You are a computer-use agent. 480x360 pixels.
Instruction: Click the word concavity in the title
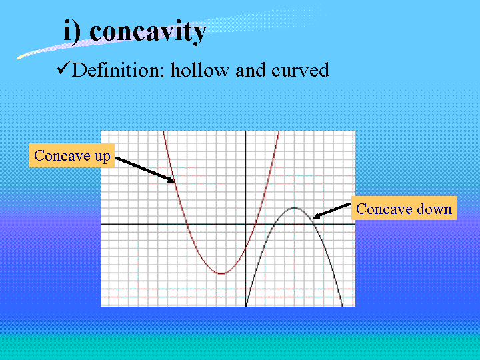(148, 32)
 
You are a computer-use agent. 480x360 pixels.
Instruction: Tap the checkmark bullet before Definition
(64, 67)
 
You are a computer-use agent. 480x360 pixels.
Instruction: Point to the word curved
(300, 70)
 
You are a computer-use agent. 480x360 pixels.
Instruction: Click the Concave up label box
(72, 155)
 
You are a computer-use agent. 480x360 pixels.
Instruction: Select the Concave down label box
(404, 208)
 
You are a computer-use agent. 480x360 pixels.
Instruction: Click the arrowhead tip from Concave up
(174, 183)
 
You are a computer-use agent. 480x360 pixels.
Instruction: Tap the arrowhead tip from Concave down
(312, 219)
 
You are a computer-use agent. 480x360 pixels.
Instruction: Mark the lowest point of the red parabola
(221, 273)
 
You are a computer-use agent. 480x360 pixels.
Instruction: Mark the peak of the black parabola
(294, 208)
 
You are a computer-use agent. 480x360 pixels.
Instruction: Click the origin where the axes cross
(246, 225)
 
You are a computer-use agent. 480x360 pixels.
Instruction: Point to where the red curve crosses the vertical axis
(246, 249)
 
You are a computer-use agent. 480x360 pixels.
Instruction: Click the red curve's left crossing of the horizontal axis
(188, 225)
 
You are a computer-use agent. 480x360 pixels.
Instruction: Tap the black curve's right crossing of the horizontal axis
(313, 225)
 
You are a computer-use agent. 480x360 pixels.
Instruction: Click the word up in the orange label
(102, 157)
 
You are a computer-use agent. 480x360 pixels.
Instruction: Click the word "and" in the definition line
(251, 70)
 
